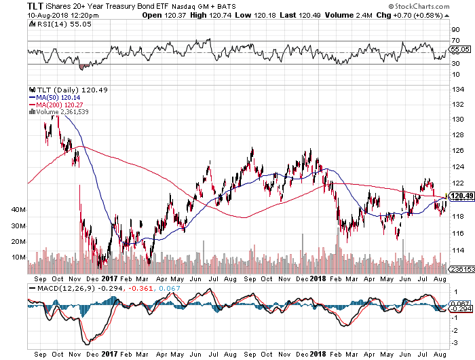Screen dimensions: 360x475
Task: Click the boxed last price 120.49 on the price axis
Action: click(x=459, y=196)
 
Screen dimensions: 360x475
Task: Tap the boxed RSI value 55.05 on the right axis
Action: click(x=459, y=50)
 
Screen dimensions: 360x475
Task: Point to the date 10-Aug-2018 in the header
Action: click(x=26, y=16)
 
